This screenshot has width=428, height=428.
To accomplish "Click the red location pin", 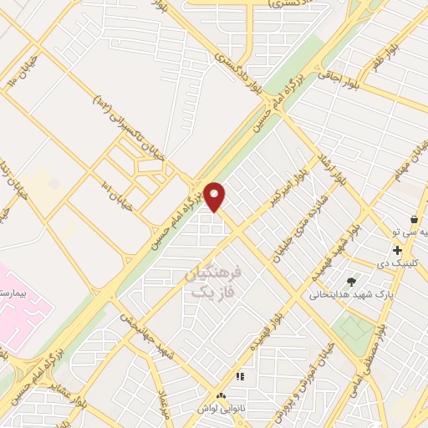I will click(215, 196).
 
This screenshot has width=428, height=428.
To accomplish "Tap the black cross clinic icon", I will click(397, 250).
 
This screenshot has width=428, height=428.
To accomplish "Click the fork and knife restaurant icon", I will click(240, 378).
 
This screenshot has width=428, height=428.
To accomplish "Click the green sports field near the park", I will click(357, 334).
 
